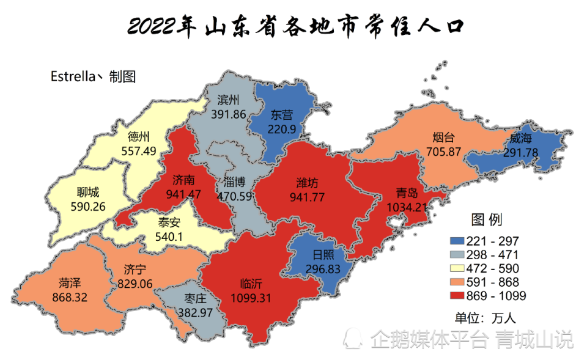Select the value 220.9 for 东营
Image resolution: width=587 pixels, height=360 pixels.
pyautogui.click(x=282, y=129)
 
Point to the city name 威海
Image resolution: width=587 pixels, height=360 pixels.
pyautogui.click(x=520, y=139)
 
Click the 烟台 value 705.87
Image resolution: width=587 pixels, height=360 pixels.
pyautogui.click(x=442, y=151)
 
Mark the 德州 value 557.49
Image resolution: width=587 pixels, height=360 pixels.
pyautogui.click(x=138, y=150)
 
